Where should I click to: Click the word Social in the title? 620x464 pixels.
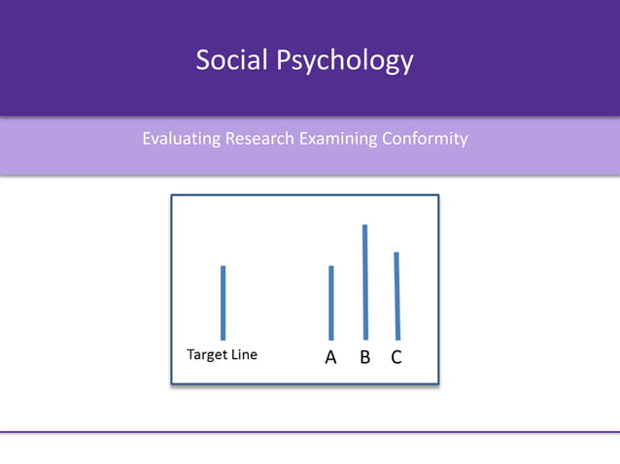pos(233,60)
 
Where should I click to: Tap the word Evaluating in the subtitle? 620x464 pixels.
pos(181,139)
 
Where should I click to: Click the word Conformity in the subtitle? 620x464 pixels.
pos(425,139)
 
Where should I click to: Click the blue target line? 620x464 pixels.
pos(223,303)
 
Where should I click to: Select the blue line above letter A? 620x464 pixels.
pos(331,303)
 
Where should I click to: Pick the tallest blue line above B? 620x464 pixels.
pos(364,282)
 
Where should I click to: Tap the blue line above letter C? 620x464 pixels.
pos(396,296)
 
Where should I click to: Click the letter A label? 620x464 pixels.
pos(330,357)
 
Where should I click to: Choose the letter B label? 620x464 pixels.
pos(365,357)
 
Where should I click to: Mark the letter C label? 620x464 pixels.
pos(396,357)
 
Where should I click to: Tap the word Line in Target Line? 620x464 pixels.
pos(245,355)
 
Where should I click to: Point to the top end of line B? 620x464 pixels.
pos(364,226)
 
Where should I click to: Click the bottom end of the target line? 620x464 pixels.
pos(223,339)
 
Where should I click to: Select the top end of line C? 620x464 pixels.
pos(396,253)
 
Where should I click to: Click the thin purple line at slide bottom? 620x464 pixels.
pos(310,432)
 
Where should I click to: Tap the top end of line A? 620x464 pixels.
pos(331,267)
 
